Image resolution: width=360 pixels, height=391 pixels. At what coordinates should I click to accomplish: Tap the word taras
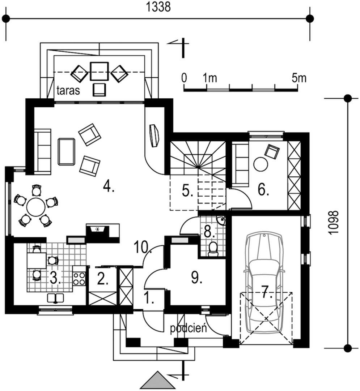click(68, 90)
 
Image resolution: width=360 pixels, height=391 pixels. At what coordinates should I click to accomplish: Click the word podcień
click(188, 328)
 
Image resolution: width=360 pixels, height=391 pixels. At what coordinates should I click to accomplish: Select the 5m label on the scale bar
click(300, 78)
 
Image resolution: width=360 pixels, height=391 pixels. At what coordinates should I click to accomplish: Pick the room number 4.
click(108, 186)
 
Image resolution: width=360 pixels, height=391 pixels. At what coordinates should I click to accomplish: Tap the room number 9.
click(196, 277)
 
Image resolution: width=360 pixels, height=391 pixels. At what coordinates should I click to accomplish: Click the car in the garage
click(264, 282)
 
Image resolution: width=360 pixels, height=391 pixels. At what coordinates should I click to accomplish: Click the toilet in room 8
click(213, 249)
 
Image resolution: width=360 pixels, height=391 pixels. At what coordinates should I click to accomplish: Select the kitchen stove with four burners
click(79, 278)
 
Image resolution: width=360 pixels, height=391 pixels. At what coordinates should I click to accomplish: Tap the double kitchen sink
click(55, 298)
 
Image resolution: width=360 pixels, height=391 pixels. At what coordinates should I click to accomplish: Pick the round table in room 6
click(261, 165)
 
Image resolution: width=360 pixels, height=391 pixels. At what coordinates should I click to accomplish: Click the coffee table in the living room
click(67, 151)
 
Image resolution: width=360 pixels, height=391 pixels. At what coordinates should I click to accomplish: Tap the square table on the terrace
click(99, 71)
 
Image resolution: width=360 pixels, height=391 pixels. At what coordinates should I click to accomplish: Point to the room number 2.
click(102, 279)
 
